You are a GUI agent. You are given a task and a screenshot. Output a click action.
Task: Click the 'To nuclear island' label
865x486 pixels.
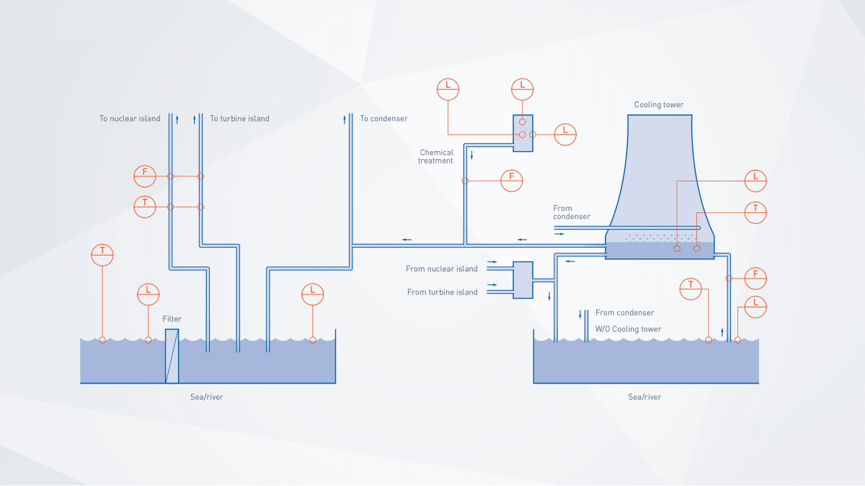[x=130, y=119]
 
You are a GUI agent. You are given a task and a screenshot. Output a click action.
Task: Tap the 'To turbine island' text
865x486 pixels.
[x=240, y=119]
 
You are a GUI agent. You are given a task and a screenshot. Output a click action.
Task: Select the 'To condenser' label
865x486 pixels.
[x=383, y=119]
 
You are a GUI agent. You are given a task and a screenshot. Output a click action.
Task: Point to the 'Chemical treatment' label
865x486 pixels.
[x=436, y=156]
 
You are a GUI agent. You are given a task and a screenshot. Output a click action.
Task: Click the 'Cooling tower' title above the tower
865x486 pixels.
[x=659, y=104]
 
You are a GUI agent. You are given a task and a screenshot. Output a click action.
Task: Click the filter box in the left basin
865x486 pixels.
[x=172, y=356]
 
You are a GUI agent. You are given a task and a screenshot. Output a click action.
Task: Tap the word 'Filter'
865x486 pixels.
[x=172, y=319]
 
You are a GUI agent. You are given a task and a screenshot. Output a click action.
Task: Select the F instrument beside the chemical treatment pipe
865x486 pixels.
[x=512, y=181]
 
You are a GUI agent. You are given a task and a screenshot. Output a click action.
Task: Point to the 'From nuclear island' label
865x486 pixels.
[x=441, y=269]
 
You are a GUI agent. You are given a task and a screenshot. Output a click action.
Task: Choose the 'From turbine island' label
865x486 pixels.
[x=442, y=292]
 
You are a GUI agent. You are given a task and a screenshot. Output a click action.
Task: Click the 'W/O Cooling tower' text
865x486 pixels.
[x=628, y=329]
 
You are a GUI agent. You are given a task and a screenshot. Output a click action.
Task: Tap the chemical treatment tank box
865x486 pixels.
[x=523, y=133]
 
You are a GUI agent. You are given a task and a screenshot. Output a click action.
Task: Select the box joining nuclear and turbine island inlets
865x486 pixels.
[x=522, y=280]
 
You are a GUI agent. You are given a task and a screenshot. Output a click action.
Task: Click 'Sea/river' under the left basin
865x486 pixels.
[x=202, y=397]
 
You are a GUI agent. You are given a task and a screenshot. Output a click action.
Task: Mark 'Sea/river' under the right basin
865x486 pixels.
[x=644, y=397]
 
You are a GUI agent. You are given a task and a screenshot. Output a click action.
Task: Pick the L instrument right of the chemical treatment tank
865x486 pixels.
[x=565, y=135]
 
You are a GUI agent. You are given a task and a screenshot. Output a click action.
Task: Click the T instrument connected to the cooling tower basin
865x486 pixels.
[x=755, y=212]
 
